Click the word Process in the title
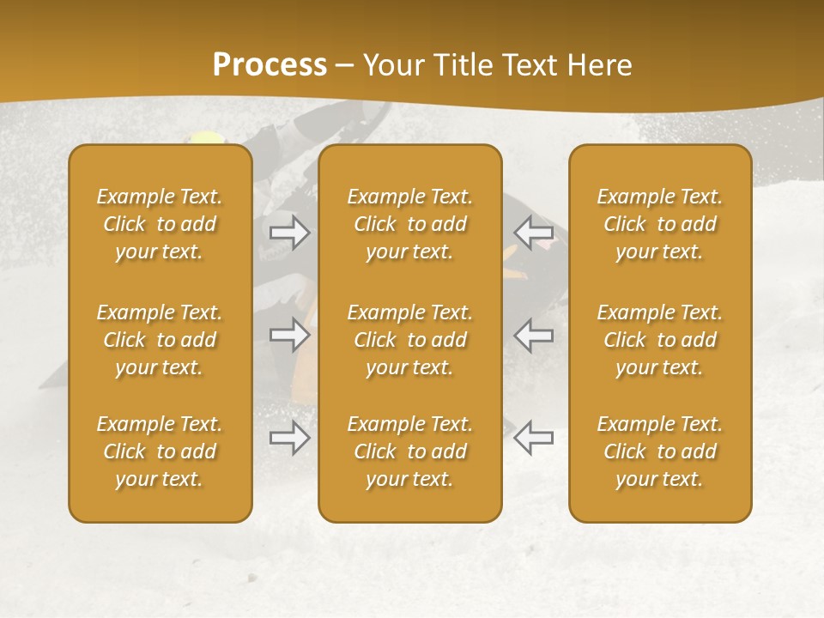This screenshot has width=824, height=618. point(270,65)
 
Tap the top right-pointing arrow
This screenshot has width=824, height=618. point(289,233)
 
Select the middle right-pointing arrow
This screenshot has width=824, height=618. point(289,335)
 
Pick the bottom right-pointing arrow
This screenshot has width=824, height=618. point(289,437)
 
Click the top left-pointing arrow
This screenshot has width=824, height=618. point(534,233)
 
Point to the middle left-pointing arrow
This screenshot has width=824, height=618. point(534,335)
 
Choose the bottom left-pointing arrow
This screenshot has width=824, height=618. point(534,437)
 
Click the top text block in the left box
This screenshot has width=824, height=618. point(160,224)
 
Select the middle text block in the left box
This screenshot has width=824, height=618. point(160,340)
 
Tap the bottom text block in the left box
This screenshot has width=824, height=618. point(160,451)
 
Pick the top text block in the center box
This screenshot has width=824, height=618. point(409,224)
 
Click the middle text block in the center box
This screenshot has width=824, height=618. point(409,340)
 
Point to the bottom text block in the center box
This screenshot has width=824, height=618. point(409,451)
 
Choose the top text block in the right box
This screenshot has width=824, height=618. point(659,224)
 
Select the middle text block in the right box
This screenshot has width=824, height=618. point(659,340)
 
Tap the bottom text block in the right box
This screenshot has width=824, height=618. point(659,451)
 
